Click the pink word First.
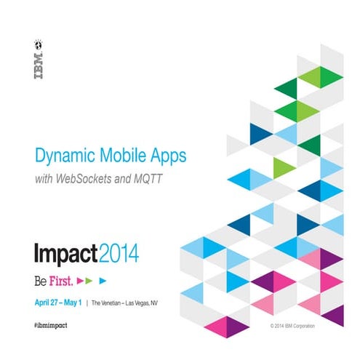click(x=59, y=279)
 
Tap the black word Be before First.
click(x=41, y=279)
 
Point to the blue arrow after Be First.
click(x=103, y=279)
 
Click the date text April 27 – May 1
click(x=58, y=301)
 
